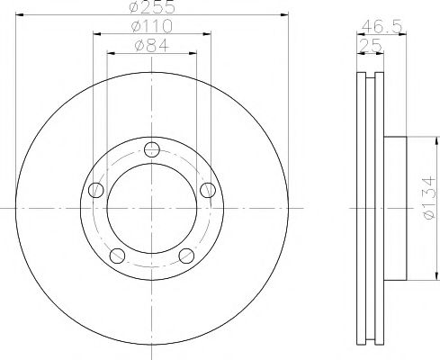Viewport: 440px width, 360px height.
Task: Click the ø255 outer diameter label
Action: [150, 7]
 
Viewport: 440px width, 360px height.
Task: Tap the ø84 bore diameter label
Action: [150, 45]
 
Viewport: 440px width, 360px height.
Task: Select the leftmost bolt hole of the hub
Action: [95, 190]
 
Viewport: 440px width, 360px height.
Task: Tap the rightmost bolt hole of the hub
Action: [209, 189]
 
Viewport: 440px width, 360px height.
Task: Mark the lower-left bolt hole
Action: [116, 256]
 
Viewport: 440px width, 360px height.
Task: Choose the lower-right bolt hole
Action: [186, 256]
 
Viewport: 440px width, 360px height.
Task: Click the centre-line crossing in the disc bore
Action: [151, 209]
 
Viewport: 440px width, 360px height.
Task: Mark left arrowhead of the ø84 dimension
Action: [111, 52]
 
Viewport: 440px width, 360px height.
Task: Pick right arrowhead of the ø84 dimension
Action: [193, 52]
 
